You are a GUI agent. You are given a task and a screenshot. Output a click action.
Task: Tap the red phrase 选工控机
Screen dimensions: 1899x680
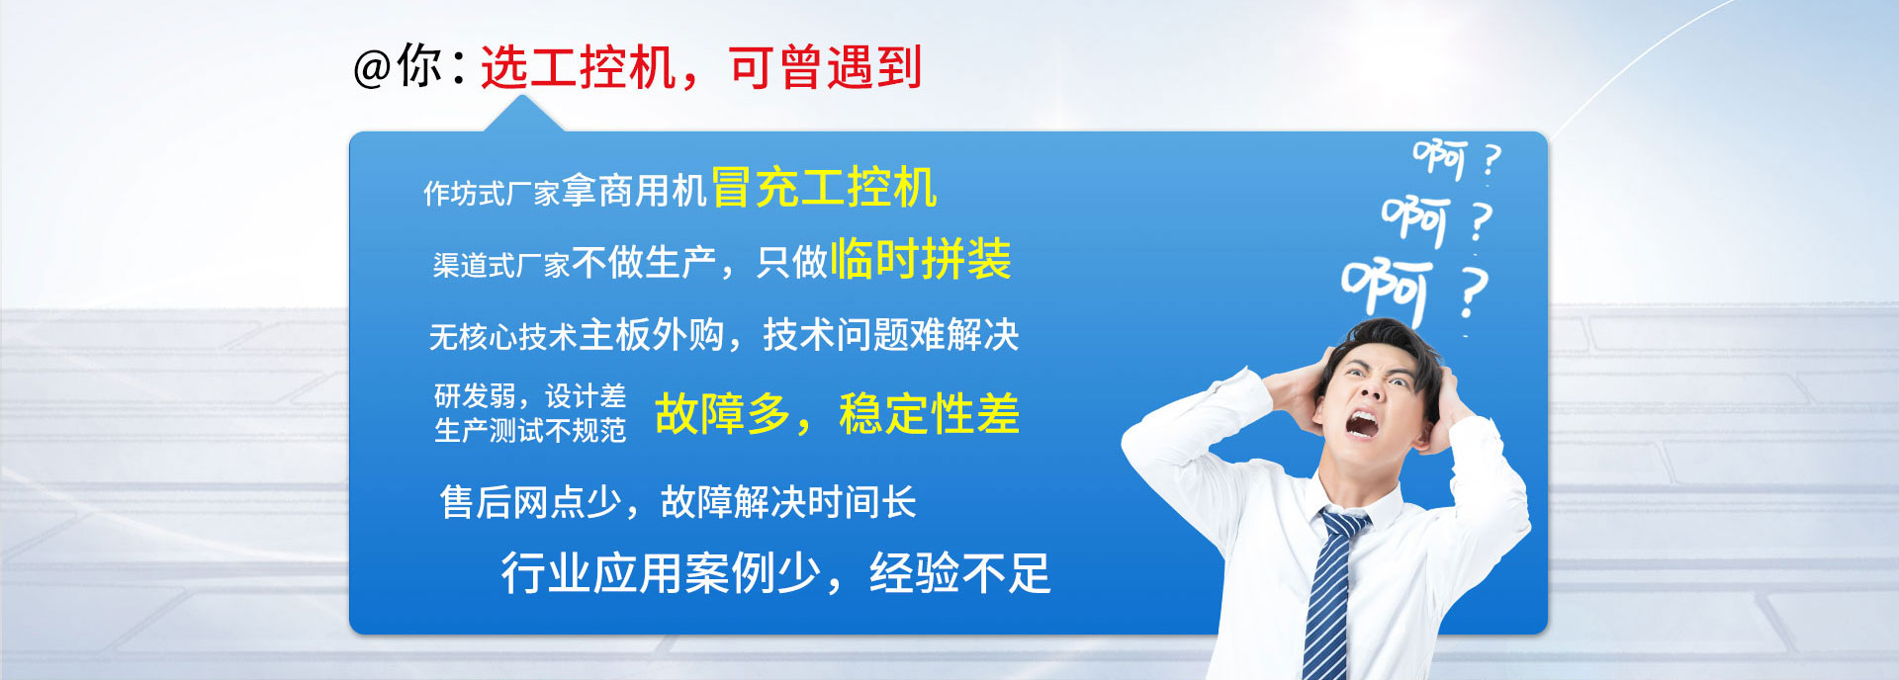click(578, 68)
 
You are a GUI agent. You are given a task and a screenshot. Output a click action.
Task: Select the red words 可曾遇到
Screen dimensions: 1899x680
click(826, 68)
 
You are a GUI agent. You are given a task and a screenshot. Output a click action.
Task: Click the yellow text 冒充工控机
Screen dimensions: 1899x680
click(824, 188)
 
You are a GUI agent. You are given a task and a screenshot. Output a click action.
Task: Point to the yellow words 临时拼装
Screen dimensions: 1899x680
click(921, 259)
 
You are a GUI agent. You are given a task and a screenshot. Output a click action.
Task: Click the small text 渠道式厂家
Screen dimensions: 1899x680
click(500, 265)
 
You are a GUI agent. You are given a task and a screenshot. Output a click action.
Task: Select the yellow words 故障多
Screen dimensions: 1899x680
click(722, 413)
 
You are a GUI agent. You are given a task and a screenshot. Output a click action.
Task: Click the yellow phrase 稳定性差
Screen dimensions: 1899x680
click(929, 413)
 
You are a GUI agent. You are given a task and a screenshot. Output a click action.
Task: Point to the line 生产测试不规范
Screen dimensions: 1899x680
click(530, 431)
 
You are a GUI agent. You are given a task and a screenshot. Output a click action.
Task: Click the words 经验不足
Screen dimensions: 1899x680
click(959, 573)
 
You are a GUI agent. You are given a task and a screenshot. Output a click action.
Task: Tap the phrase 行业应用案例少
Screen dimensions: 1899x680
click(661, 573)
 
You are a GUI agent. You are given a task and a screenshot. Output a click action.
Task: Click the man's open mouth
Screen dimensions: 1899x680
click(1361, 423)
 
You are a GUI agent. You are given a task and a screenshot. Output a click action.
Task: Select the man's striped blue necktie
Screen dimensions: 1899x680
click(1330, 593)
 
